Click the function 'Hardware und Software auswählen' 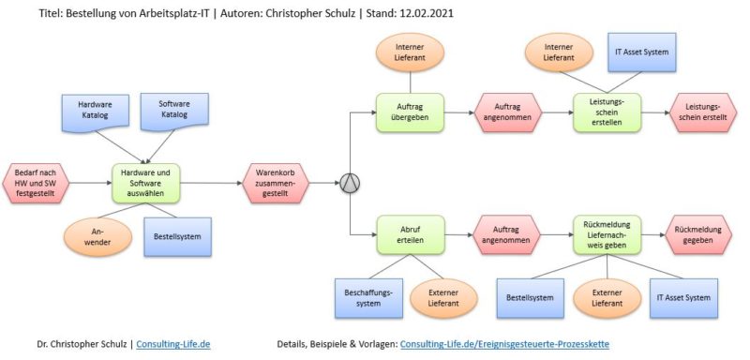tap(145, 181)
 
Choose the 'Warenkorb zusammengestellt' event tap(277, 181)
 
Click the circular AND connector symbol tap(348, 182)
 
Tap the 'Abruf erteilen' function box tap(409, 234)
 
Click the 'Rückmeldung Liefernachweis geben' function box tap(607, 234)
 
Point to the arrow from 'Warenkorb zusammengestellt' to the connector tap(322, 181)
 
